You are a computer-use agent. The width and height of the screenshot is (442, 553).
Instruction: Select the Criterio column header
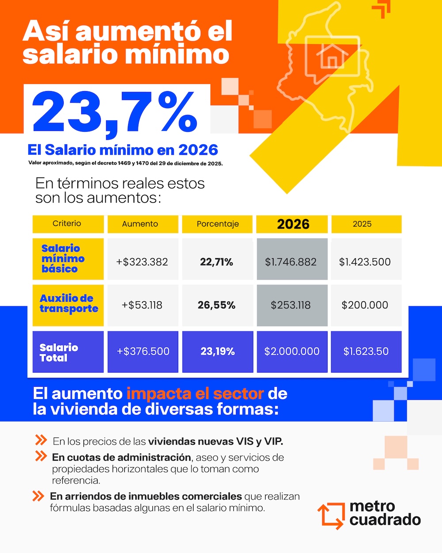(x=67, y=224)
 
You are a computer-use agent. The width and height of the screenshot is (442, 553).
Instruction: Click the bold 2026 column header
(x=293, y=224)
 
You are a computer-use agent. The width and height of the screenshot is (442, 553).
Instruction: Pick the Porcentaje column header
(x=217, y=224)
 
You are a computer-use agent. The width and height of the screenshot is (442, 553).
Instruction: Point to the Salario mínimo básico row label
(x=63, y=259)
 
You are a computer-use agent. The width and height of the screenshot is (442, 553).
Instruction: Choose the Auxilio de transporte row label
(x=69, y=304)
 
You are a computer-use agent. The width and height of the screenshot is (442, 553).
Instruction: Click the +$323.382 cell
(x=142, y=262)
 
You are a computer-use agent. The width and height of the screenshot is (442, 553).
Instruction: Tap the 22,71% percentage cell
(x=217, y=262)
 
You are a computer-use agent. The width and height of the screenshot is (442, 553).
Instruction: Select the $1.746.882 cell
(x=291, y=262)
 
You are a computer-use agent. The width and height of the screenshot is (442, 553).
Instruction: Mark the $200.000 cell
(x=365, y=305)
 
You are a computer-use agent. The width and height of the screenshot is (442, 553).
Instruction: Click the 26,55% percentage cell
(x=217, y=305)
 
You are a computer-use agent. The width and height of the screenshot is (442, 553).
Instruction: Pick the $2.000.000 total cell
(x=292, y=351)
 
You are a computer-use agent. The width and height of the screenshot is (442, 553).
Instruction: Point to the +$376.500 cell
(x=143, y=351)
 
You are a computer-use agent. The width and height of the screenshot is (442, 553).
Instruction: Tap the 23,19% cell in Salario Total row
(x=217, y=351)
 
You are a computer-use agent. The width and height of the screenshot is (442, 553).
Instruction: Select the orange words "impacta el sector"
(x=195, y=394)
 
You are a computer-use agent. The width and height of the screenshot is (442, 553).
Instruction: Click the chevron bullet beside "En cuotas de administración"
(x=41, y=456)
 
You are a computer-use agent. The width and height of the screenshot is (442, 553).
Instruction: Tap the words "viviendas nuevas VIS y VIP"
(x=215, y=442)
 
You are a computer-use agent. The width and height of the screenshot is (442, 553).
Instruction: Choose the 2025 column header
(x=362, y=224)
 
